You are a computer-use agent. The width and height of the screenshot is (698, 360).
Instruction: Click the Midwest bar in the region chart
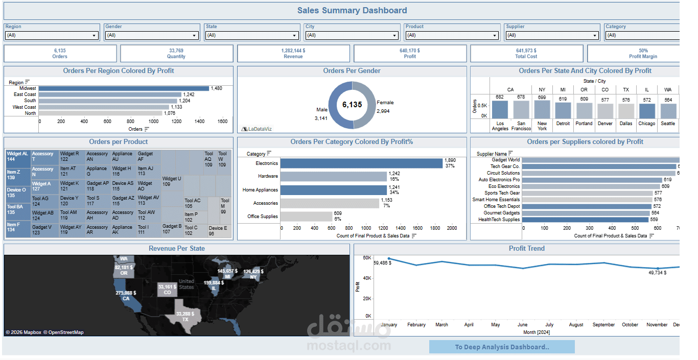124,88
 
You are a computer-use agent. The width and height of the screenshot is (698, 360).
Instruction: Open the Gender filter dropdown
151,35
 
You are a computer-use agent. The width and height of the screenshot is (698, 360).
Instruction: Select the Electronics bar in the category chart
361,163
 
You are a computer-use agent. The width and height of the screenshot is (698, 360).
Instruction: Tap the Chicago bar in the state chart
646,111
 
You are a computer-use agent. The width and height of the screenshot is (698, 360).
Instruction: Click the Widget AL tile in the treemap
18,156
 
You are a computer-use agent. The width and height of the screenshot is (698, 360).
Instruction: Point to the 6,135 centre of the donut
352,105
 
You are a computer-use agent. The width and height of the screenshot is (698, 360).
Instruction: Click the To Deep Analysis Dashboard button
502,347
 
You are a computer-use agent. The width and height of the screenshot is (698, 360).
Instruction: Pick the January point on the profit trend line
389,259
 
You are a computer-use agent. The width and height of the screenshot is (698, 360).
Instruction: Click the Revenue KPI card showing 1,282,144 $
293,54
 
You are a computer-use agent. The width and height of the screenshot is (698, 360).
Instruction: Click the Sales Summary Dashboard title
352,10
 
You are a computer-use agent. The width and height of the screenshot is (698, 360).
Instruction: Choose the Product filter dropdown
452,35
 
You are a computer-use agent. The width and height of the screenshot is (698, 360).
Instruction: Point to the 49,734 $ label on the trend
657,273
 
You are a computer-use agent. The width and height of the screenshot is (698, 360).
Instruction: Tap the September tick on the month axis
604,325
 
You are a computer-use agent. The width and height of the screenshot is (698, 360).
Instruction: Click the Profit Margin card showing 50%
643,54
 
